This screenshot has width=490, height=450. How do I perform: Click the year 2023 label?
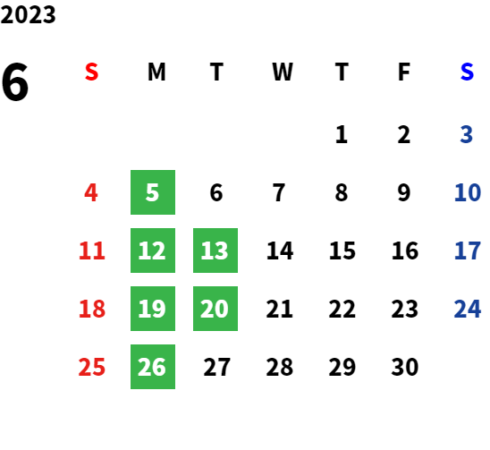(x=28, y=14)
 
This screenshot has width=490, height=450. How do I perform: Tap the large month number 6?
(x=14, y=81)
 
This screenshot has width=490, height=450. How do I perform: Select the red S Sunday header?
(x=91, y=72)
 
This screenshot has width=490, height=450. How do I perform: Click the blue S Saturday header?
(x=467, y=72)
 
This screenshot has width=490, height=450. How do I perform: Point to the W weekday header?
(x=283, y=72)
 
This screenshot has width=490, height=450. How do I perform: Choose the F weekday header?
(x=404, y=72)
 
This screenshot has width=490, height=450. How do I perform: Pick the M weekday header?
(x=156, y=72)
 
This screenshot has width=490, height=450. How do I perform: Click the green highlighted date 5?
(x=153, y=192)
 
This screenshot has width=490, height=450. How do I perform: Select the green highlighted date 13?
(x=215, y=250)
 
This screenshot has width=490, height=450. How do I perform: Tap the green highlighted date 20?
(x=215, y=309)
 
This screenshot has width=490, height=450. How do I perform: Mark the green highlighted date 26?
(x=153, y=367)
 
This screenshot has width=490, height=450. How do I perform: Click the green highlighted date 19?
(x=153, y=309)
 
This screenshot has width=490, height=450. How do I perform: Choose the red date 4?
(x=91, y=192)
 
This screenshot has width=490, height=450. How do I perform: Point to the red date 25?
(x=91, y=367)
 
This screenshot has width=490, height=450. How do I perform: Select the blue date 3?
(x=466, y=134)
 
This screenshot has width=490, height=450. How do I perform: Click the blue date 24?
(x=467, y=309)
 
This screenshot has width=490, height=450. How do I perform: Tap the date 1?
(x=342, y=134)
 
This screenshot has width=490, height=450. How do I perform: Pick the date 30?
(x=405, y=367)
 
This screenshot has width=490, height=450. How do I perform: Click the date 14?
(x=280, y=250)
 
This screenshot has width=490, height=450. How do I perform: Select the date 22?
(x=342, y=309)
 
